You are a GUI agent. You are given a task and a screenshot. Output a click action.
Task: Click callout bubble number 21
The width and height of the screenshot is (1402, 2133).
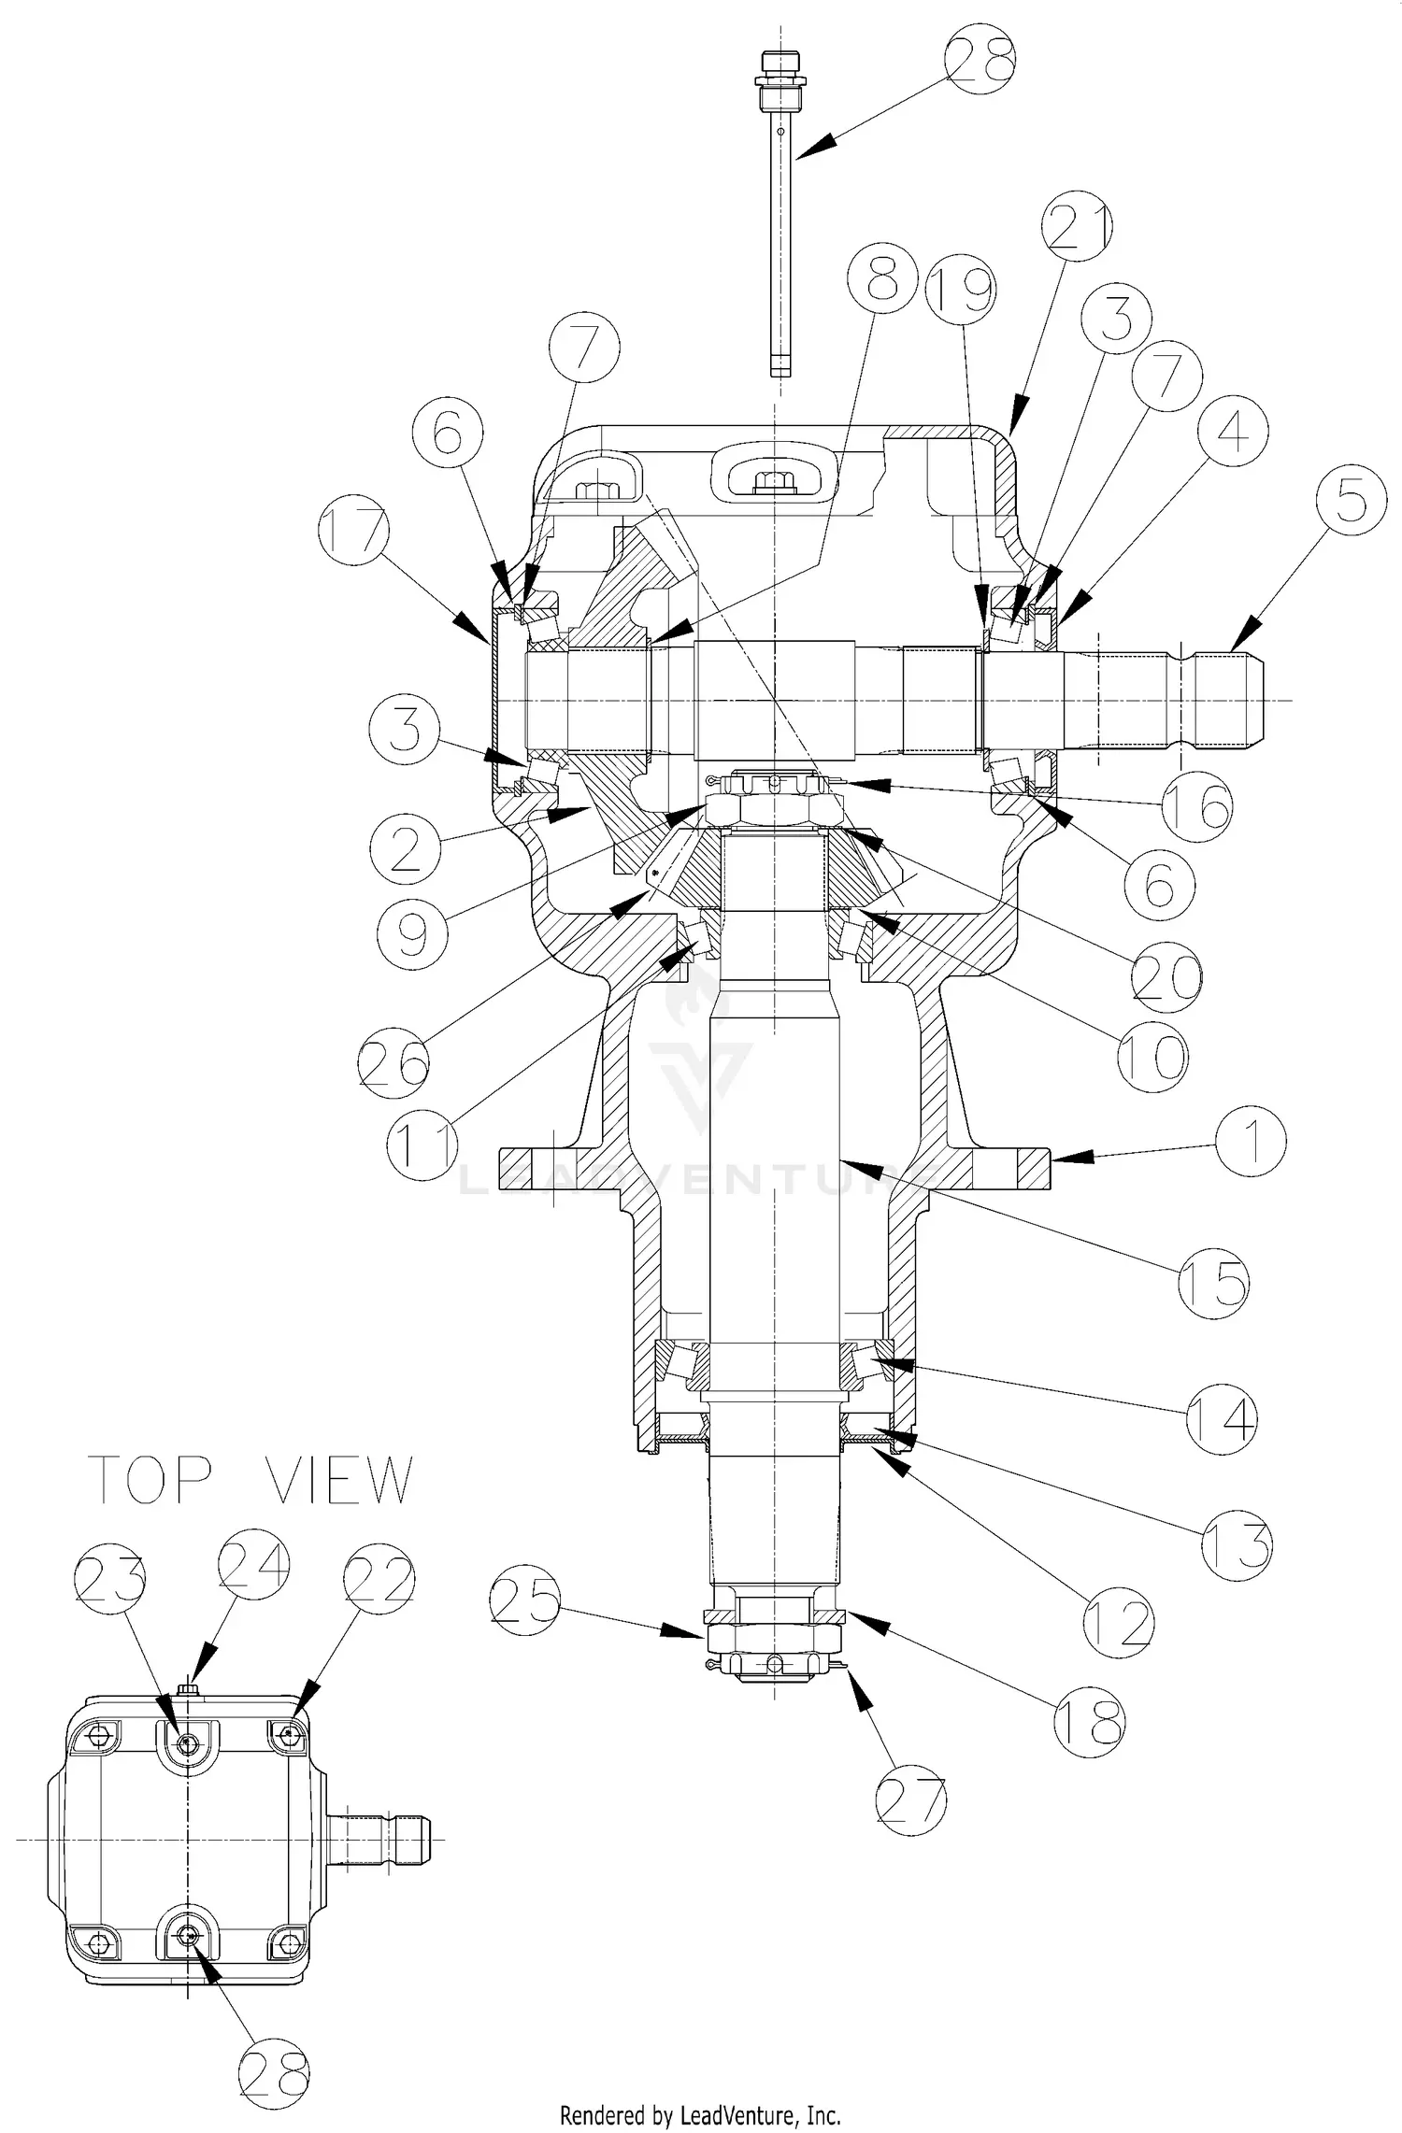click(x=1078, y=229)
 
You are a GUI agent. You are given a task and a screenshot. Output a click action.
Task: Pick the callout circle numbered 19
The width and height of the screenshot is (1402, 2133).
click(x=961, y=291)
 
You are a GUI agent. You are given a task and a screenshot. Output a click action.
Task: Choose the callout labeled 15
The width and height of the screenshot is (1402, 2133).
click(x=1212, y=1283)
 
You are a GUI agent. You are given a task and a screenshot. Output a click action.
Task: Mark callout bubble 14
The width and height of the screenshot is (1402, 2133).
click(x=1221, y=1419)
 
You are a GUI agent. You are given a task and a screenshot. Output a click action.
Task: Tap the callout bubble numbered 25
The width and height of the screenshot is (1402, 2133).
click(x=524, y=1603)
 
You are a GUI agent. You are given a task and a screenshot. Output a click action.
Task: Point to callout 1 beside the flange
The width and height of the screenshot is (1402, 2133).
click(x=1251, y=1141)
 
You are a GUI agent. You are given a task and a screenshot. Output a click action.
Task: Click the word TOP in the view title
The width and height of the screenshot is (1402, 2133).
click(x=150, y=1480)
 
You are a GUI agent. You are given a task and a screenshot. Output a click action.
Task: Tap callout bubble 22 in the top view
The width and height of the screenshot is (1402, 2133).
click(x=379, y=1580)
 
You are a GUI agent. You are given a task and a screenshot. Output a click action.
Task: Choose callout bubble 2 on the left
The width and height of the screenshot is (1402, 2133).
click(x=405, y=846)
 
